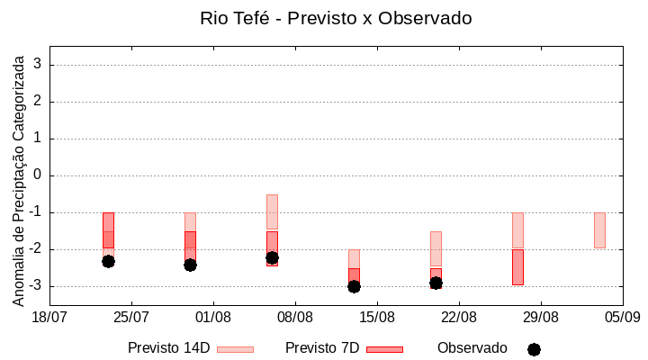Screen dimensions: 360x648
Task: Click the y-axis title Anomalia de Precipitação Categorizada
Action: point(19,178)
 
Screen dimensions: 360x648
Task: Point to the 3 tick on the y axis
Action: point(39,65)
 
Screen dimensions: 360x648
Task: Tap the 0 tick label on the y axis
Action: point(39,175)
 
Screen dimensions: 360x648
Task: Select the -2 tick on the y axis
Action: point(36,249)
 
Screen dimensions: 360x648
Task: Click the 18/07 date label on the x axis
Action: point(49,317)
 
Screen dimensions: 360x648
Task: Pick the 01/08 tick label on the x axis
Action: point(213,317)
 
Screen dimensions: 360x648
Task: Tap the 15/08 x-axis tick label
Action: point(377,317)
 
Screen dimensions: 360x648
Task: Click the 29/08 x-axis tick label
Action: point(541,317)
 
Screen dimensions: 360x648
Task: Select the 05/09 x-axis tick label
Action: point(622,317)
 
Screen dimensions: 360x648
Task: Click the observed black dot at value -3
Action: point(354,286)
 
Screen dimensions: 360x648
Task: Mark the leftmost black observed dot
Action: point(108,261)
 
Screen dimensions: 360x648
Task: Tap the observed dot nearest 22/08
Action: point(436,283)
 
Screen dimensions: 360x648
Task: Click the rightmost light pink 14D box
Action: point(599,230)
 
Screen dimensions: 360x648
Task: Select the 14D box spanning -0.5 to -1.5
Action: point(272,211)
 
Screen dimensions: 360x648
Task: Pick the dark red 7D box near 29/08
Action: point(517,267)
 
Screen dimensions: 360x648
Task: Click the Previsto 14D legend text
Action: point(168,347)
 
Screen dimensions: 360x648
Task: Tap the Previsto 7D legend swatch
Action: point(384,348)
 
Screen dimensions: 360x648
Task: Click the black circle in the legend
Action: point(534,349)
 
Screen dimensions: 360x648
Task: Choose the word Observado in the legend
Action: point(472,347)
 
